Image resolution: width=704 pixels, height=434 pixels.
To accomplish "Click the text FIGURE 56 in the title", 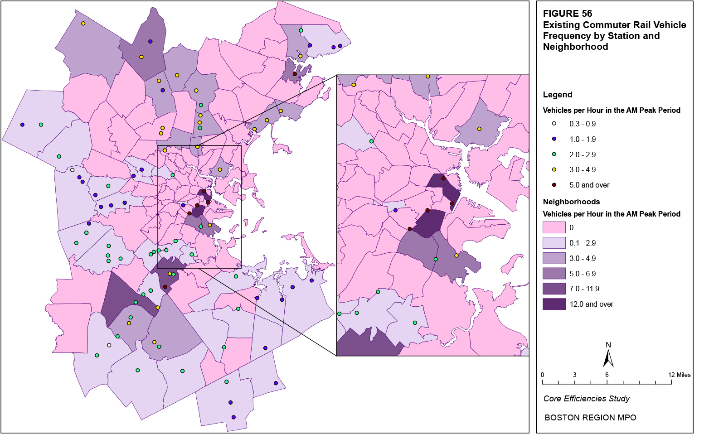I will pyautogui.click(x=567, y=14).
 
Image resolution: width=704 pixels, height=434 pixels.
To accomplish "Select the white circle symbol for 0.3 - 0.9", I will pyautogui.click(x=554, y=124).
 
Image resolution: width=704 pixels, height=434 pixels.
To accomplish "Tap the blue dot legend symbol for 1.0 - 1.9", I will pyautogui.click(x=554, y=139).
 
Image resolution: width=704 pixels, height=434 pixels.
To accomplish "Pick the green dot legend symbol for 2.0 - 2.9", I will pyautogui.click(x=554, y=154).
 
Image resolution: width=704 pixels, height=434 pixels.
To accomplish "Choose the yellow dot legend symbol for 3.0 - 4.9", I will pyautogui.click(x=554, y=169).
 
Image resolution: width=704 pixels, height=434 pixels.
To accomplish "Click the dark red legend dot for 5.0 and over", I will pyautogui.click(x=554, y=185).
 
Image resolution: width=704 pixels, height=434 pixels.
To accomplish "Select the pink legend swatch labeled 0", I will pyautogui.click(x=554, y=227).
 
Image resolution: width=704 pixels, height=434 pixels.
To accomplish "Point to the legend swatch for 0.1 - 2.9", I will pyautogui.click(x=554, y=243).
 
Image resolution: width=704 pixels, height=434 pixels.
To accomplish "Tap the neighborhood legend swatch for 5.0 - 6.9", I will pyautogui.click(x=554, y=274).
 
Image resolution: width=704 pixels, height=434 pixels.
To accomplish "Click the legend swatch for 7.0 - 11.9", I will pyautogui.click(x=554, y=289).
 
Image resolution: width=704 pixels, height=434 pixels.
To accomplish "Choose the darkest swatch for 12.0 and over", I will pyautogui.click(x=554, y=304).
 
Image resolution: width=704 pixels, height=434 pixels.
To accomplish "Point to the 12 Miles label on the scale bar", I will pyautogui.click(x=679, y=375).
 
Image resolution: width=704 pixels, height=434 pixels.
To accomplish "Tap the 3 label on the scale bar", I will pyautogui.click(x=574, y=375).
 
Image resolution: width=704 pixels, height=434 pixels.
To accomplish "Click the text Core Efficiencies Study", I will pyautogui.click(x=586, y=399).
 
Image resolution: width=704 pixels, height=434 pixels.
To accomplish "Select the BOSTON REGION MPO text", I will pyautogui.click(x=590, y=418).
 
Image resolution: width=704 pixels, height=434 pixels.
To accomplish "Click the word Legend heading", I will pyautogui.click(x=557, y=95).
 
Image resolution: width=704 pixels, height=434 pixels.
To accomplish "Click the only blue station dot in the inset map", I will pyautogui.click(x=396, y=210).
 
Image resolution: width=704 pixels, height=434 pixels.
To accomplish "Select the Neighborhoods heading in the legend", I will pyautogui.click(x=571, y=202).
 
